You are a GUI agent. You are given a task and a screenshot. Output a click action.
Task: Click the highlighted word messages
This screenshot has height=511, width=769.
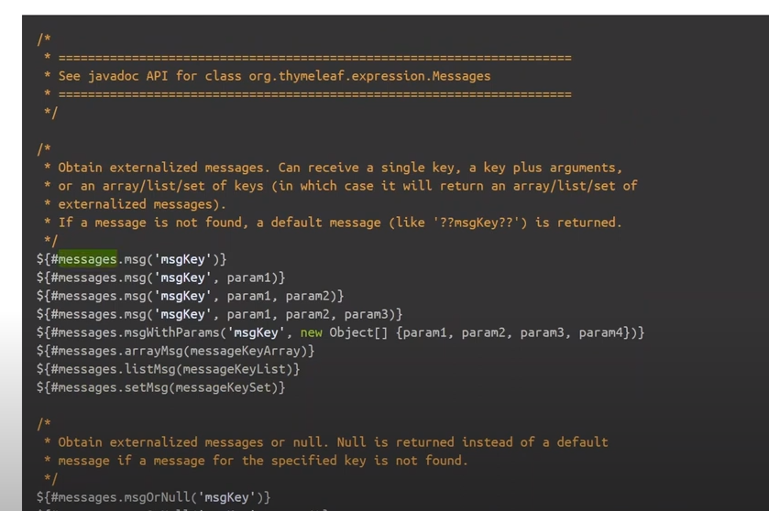click(x=87, y=259)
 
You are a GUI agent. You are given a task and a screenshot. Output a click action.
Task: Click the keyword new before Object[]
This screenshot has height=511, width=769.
click(x=311, y=332)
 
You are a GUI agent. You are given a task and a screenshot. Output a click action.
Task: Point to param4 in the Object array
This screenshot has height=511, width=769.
click(x=604, y=332)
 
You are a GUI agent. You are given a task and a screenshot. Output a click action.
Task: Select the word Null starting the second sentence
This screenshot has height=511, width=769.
click(x=351, y=442)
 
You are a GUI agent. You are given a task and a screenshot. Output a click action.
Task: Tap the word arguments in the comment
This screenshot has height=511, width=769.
click(x=586, y=168)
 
